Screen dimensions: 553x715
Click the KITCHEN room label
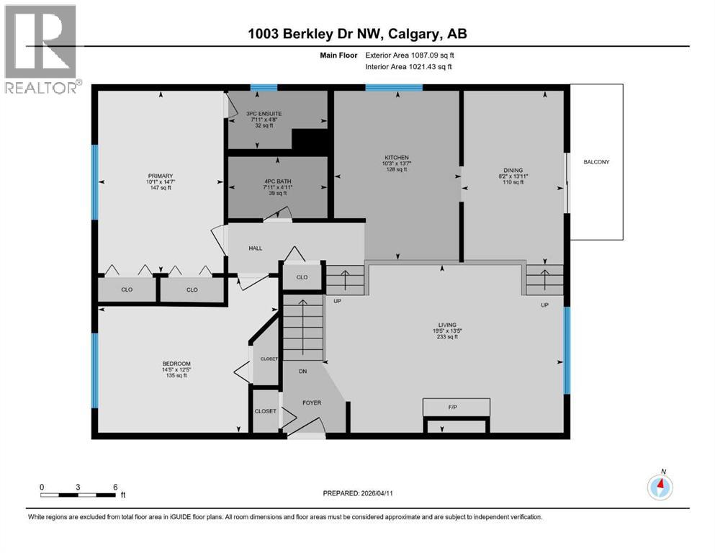click(397, 157)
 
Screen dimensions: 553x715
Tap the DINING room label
click(512, 169)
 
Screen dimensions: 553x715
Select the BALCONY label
click(596, 162)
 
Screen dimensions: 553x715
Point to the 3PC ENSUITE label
click(264, 113)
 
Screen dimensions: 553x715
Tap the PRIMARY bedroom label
click(161, 176)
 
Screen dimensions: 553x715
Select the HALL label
click(256, 248)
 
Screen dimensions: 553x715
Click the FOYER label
click(312, 403)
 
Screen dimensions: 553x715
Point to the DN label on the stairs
click(304, 372)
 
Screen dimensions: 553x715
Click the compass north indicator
click(660, 486)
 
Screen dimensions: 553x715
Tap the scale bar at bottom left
click(78, 495)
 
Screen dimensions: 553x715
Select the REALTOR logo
click(40, 49)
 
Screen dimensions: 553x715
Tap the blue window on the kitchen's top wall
click(393, 88)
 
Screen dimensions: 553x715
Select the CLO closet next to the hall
click(302, 276)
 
